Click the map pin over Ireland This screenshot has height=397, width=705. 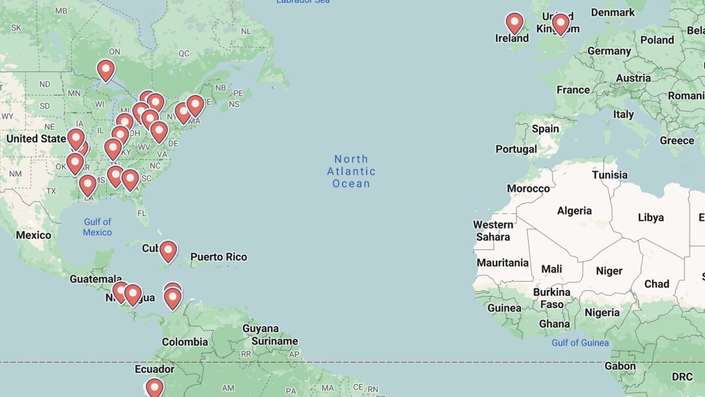[x=515, y=22]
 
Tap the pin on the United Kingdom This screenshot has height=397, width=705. [x=561, y=23]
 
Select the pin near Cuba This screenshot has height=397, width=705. [x=168, y=251]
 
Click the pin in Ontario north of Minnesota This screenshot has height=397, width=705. [x=106, y=70]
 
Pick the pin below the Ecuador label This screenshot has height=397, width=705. [x=154, y=388]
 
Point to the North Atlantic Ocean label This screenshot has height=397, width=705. [x=351, y=172]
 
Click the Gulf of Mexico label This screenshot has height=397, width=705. [x=97, y=227]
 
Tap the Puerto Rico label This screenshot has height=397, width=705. [x=218, y=257]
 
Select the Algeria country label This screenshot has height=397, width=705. [x=574, y=211]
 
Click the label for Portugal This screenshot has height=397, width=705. [x=516, y=149]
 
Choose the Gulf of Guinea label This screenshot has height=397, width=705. [x=580, y=343]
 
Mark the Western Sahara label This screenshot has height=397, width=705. [x=493, y=231]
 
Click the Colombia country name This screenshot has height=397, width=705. [x=185, y=342]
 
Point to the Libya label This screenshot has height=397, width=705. [x=651, y=217]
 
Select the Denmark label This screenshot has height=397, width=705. [x=612, y=12]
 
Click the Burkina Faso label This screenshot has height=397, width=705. [x=552, y=298]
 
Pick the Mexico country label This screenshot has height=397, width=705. [x=33, y=235]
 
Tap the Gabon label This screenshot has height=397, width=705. [x=620, y=366]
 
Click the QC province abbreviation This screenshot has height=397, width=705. [x=184, y=53]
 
